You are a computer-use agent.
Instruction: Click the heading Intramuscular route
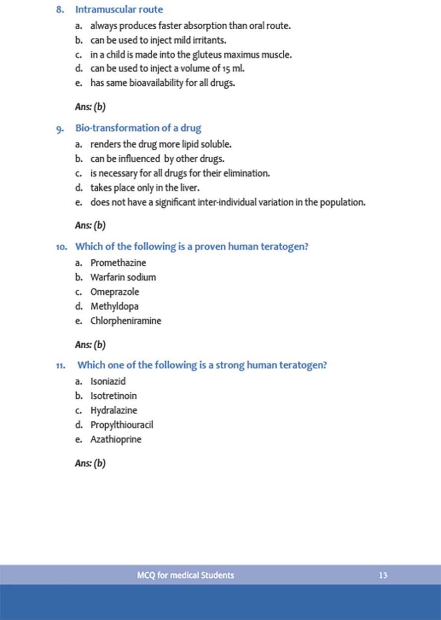119,9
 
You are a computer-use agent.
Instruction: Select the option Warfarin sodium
123,277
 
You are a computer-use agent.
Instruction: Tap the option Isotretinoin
114,396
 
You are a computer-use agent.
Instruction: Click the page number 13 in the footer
382,576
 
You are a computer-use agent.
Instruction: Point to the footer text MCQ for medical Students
186,576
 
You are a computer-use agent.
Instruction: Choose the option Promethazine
118,263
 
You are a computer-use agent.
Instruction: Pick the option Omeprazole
115,292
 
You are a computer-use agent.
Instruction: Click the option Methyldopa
115,307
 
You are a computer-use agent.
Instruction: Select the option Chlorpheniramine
126,321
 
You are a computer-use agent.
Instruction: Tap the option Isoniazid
108,381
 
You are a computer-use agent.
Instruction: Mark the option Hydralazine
114,411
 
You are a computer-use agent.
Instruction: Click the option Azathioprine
116,439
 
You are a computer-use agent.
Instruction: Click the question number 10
63,247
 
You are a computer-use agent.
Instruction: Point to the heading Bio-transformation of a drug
138,128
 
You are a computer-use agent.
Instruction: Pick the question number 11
62,366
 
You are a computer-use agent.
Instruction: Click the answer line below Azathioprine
90,464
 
